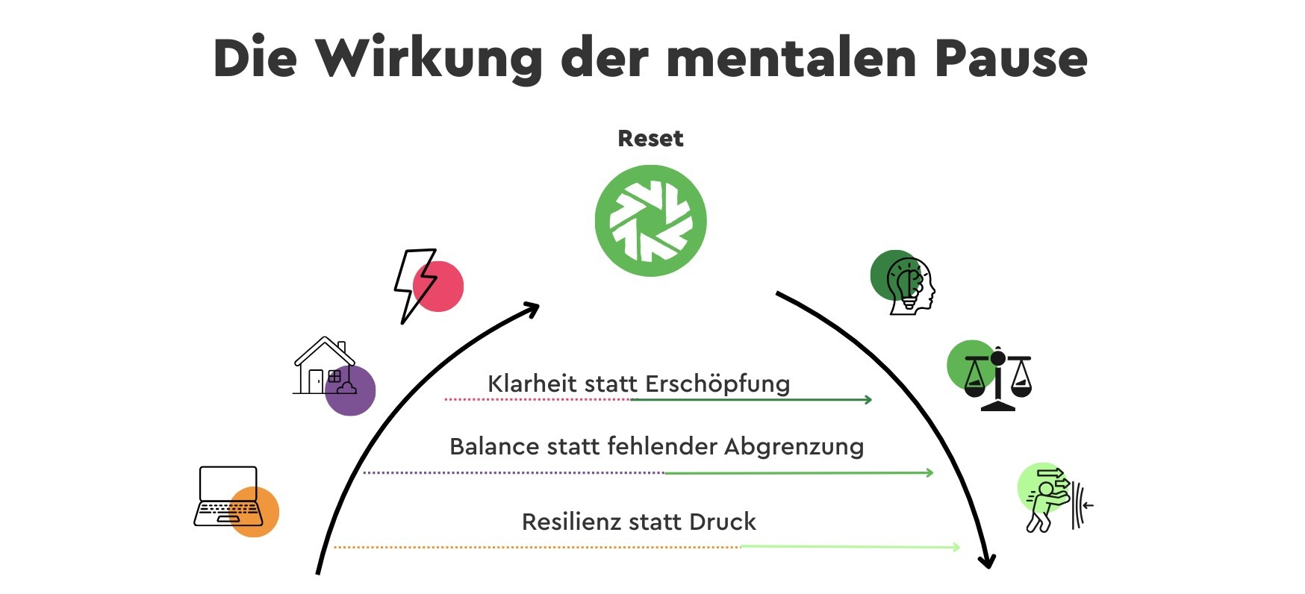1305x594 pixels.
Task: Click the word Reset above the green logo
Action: point(650,139)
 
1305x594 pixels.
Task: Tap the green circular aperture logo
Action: point(650,221)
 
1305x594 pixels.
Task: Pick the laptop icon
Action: point(227,497)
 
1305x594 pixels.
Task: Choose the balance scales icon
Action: point(998,378)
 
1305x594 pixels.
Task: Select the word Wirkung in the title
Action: point(429,59)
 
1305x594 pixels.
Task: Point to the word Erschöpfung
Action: point(717,384)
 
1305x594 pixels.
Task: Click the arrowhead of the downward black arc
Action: point(988,560)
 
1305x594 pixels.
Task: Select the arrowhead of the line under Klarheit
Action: point(868,400)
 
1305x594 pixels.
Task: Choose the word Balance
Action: point(493,446)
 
